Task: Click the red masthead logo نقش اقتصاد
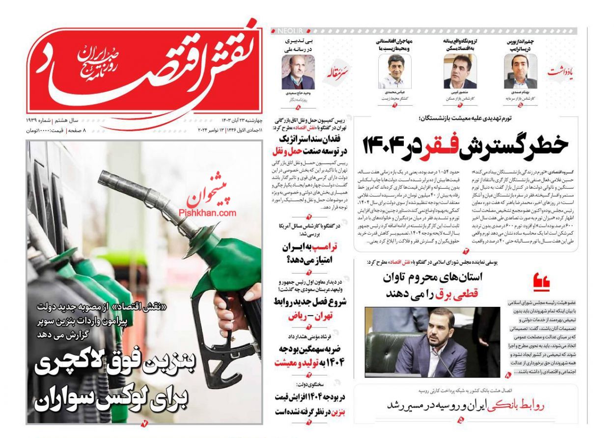142,69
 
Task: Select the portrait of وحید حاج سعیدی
298,72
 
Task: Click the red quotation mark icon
541,282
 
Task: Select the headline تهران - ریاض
310,316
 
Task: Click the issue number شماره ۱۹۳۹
40,120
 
